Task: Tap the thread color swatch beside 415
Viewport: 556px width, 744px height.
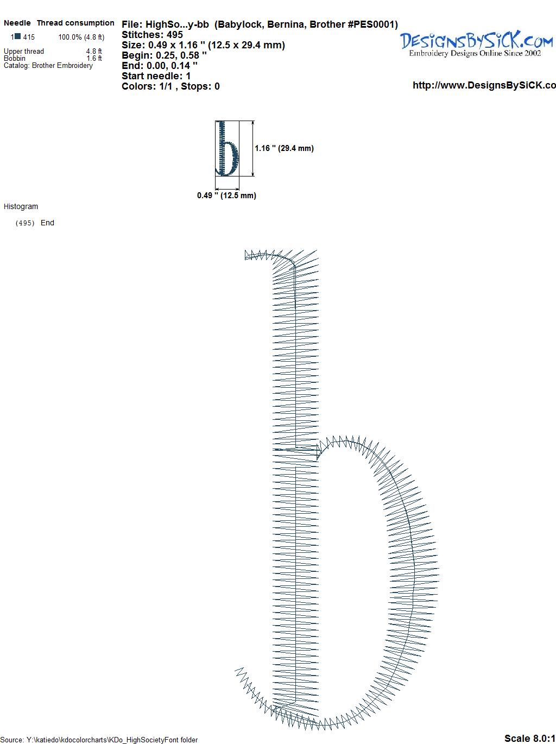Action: coord(18,36)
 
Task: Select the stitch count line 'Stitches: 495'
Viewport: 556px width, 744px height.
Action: coord(152,35)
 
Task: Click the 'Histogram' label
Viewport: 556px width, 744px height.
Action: coord(21,206)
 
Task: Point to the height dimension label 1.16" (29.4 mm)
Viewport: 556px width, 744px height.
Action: coord(285,148)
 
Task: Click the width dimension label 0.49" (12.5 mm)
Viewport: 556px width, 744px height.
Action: coord(226,196)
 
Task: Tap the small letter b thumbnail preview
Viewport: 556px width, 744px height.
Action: coord(227,148)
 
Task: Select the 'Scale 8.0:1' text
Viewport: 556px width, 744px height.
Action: coord(530,738)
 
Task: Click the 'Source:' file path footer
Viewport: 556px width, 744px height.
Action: coord(99,740)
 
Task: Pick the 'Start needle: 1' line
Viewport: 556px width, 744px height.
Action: coord(156,76)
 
